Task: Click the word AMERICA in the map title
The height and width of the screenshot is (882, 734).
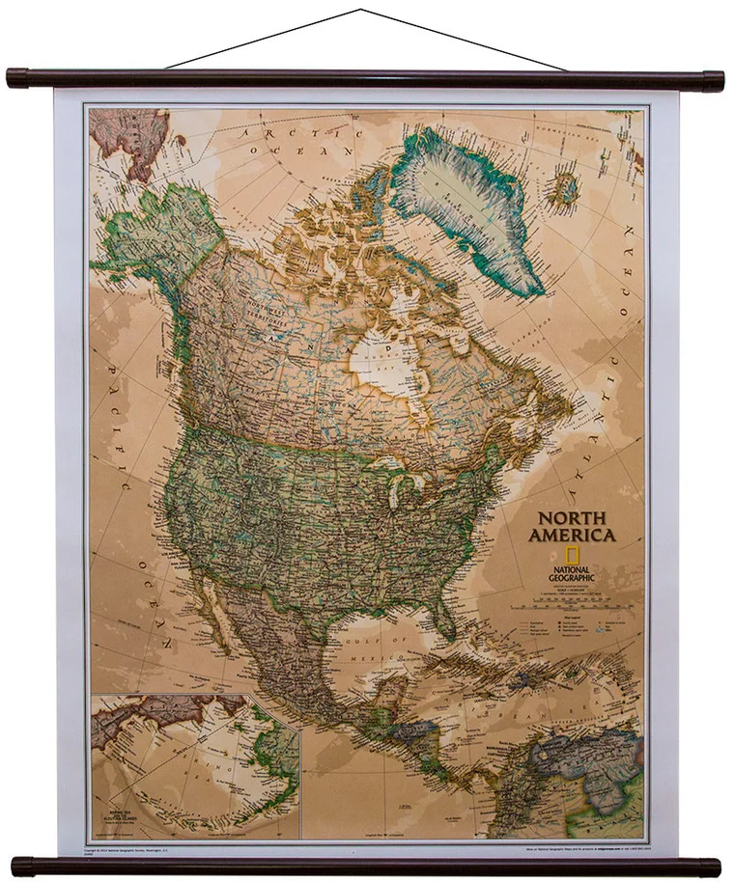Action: (571, 535)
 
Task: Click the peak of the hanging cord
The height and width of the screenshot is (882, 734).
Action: (361, 11)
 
